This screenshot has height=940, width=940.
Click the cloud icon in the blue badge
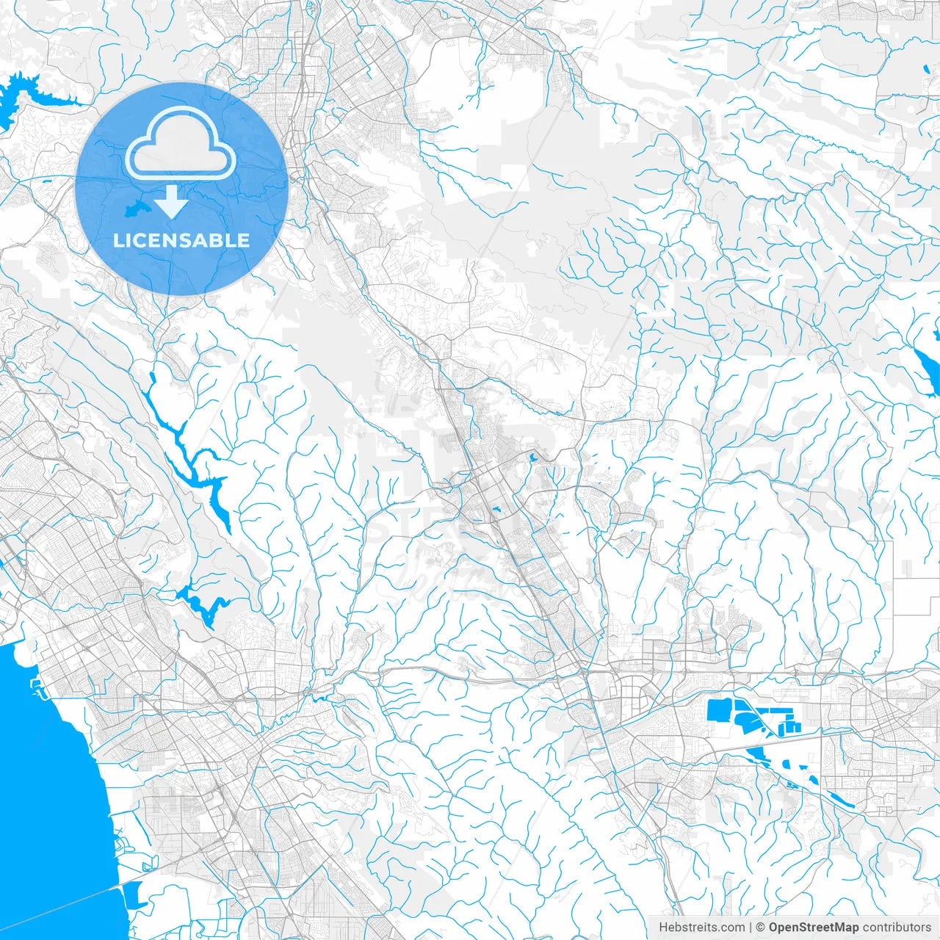181,143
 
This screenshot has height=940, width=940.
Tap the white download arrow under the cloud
171,201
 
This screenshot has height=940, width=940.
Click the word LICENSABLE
181,240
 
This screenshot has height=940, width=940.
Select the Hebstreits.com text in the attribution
701,928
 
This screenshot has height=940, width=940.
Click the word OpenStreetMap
814,928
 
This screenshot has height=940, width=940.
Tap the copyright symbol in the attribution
761,928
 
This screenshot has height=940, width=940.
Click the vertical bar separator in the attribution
751,928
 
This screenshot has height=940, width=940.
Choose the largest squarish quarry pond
718,711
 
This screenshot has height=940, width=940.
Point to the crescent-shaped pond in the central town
532,458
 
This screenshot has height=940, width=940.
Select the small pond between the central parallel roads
496,509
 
